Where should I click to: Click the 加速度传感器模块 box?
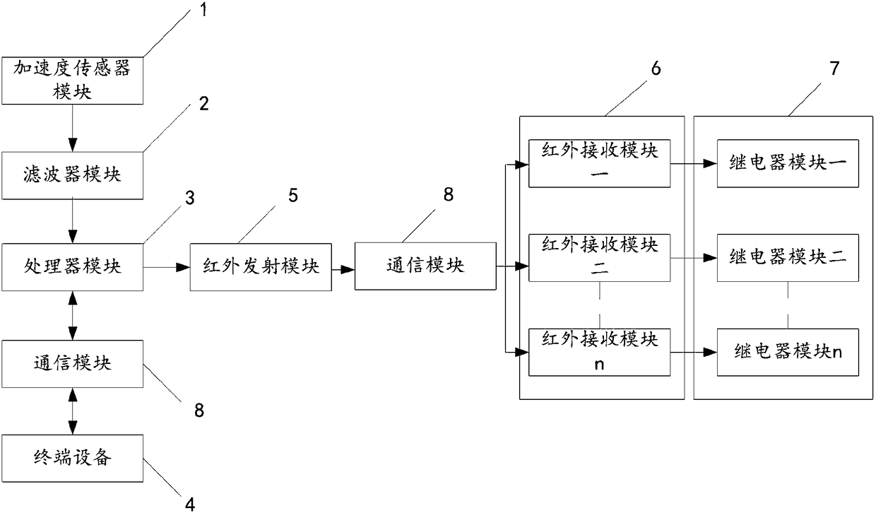72,80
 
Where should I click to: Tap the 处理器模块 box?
72,266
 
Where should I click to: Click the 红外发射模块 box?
261,268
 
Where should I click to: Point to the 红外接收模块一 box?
599,163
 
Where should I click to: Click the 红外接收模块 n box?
599,351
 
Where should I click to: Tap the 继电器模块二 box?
789,257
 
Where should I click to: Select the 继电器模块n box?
789,351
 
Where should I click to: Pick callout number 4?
189,503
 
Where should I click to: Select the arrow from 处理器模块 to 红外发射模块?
167,267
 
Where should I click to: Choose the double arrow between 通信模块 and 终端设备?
72,410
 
